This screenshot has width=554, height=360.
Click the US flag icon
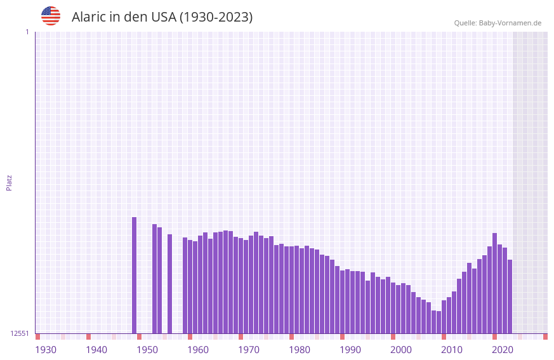(51, 16)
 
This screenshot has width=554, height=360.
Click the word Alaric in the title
(88, 17)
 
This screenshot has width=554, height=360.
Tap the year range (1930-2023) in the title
(216, 17)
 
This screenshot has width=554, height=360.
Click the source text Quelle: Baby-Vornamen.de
(498, 23)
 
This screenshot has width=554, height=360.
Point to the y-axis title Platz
(9, 182)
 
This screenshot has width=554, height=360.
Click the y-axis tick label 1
(27, 32)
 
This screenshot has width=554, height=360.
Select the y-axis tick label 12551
(20, 333)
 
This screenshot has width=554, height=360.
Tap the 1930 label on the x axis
(46, 350)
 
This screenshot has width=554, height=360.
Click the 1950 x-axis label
(147, 350)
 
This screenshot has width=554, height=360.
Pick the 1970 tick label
(249, 350)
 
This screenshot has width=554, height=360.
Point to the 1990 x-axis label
(350, 350)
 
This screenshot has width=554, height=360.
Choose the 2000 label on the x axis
(401, 350)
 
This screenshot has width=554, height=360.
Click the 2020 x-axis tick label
(503, 350)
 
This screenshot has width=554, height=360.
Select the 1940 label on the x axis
(96, 350)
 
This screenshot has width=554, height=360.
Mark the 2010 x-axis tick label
(452, 350)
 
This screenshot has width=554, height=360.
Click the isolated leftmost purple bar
(135, 275)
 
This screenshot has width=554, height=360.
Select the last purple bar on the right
(510, 296)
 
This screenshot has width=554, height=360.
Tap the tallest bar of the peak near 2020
(495, 283)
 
